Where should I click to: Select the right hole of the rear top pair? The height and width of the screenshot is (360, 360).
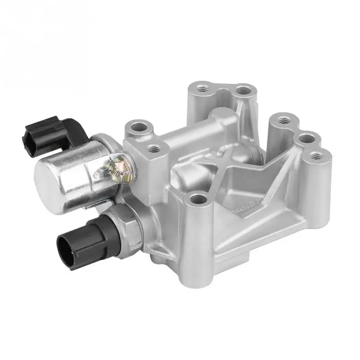point(243,90)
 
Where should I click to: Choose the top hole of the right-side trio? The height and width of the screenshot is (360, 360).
point(282,120)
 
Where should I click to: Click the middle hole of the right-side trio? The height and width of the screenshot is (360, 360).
point(307,138)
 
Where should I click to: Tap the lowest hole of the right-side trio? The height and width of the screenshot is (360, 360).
point(318,156)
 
